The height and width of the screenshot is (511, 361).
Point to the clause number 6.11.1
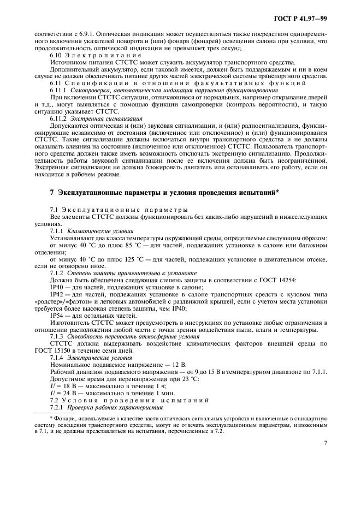(58, 90)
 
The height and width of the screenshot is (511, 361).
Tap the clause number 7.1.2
(58, 272)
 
